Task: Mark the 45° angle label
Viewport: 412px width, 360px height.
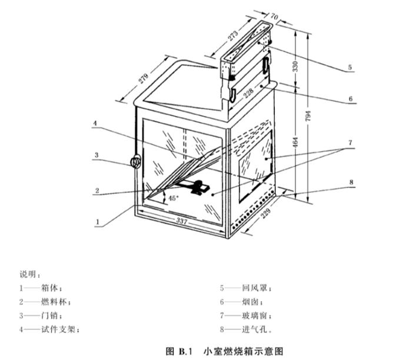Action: coord(173,198)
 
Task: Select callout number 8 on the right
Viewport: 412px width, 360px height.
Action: coord(350,182)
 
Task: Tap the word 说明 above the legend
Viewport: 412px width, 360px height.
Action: coord(29,275)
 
